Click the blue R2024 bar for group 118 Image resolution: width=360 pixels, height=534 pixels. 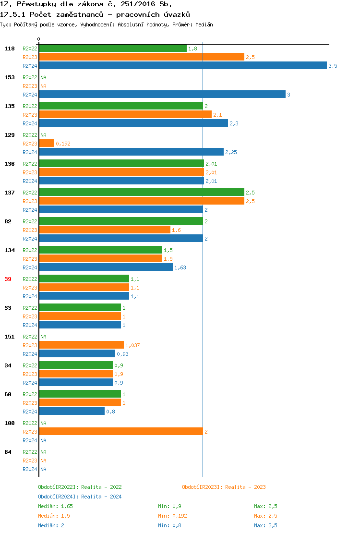tap(182, 66)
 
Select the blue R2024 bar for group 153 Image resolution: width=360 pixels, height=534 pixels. tap(162, 95)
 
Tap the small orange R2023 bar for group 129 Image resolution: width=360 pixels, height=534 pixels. tap(47, 144)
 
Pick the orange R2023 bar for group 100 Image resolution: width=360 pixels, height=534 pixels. tap(120, 432)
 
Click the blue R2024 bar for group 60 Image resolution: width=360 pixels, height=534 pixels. tap(72, 412)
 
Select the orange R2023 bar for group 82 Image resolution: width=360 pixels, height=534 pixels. tap(105, 230)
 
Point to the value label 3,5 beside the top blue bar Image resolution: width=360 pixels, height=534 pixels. tap(333, 66)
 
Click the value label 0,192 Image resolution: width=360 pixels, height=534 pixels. tap(63, 144)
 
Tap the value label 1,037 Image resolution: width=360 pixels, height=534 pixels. tap(132, 345)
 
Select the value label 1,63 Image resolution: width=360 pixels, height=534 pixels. tap(180, 267)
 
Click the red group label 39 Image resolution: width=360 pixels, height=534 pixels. tap(8, 279)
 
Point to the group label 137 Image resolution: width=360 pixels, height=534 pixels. tap(10, 193)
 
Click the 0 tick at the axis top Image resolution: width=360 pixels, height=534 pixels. tap(39, 39)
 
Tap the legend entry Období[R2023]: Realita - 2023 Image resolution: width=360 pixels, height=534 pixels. tap(224, 487)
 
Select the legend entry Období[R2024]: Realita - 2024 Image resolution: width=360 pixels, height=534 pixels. tap(80, 497)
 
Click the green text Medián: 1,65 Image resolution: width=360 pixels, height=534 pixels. tap(55, 506)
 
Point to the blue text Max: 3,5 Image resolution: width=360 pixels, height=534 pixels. tap(265, 525)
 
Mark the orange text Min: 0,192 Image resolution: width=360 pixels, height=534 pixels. tap(172, 516)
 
